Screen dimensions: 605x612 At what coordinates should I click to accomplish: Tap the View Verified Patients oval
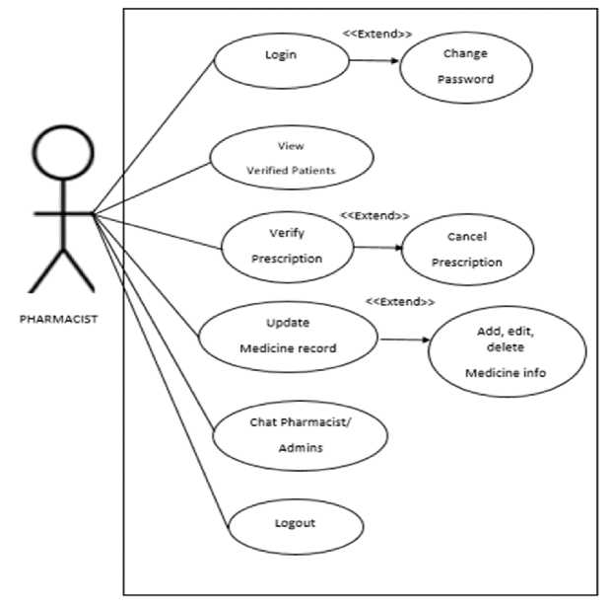point(291,158)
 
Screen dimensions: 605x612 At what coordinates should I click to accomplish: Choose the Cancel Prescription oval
point(467,249)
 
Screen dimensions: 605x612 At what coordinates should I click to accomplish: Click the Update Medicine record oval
point(288,336)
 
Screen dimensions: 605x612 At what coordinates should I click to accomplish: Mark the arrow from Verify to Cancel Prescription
point(376,248)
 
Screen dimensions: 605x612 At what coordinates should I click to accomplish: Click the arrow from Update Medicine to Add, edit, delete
point(404,340)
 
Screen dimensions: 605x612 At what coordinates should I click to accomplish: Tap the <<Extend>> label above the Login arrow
point(376,34)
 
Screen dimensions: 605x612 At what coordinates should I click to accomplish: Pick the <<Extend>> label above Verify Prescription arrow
point(374,215)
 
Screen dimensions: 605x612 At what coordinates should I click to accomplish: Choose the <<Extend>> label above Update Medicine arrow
point(400,301)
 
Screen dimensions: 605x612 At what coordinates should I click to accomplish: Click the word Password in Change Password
point(465,80)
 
